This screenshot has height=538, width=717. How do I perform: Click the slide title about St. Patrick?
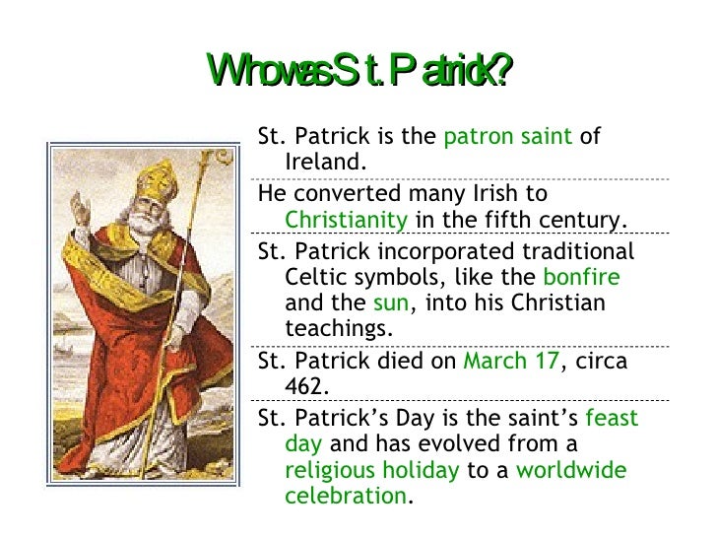point(359,70)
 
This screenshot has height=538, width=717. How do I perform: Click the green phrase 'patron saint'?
point(507,137)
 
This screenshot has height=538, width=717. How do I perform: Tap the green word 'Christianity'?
point(346,219)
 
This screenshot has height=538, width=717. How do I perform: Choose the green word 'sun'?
point(391,302)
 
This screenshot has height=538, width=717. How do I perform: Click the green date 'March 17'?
point(510,361)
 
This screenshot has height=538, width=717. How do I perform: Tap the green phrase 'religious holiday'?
point(371,470)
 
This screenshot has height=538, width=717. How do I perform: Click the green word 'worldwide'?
point(571,470)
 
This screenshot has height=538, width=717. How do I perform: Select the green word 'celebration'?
point(345,495)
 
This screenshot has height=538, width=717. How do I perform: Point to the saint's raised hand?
point(79,210)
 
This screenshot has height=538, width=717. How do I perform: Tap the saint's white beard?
point(148,223)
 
